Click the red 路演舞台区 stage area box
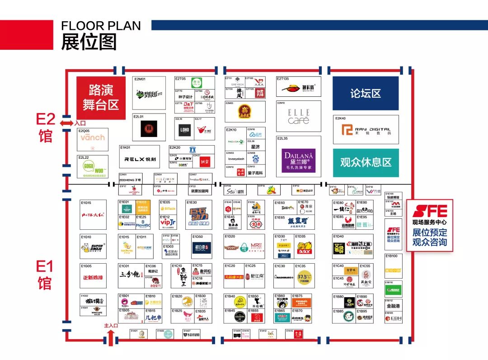tap(101, 98)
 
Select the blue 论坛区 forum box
tap(366, 94)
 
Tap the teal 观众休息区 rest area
tap(366, 162)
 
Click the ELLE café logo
tap(299, 116)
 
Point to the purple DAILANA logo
tap(299, 160)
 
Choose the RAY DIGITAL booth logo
tap(366, 130)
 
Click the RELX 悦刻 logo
tap(140, 159)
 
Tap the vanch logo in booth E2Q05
tap(93, 137)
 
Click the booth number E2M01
tap(140, 79)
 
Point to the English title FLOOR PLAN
tap(101, 26)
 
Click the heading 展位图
tap(89, 42)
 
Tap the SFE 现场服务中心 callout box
tap(429, 225)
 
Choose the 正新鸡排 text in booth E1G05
tap(94, 277)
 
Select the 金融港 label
tap(394, 306)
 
